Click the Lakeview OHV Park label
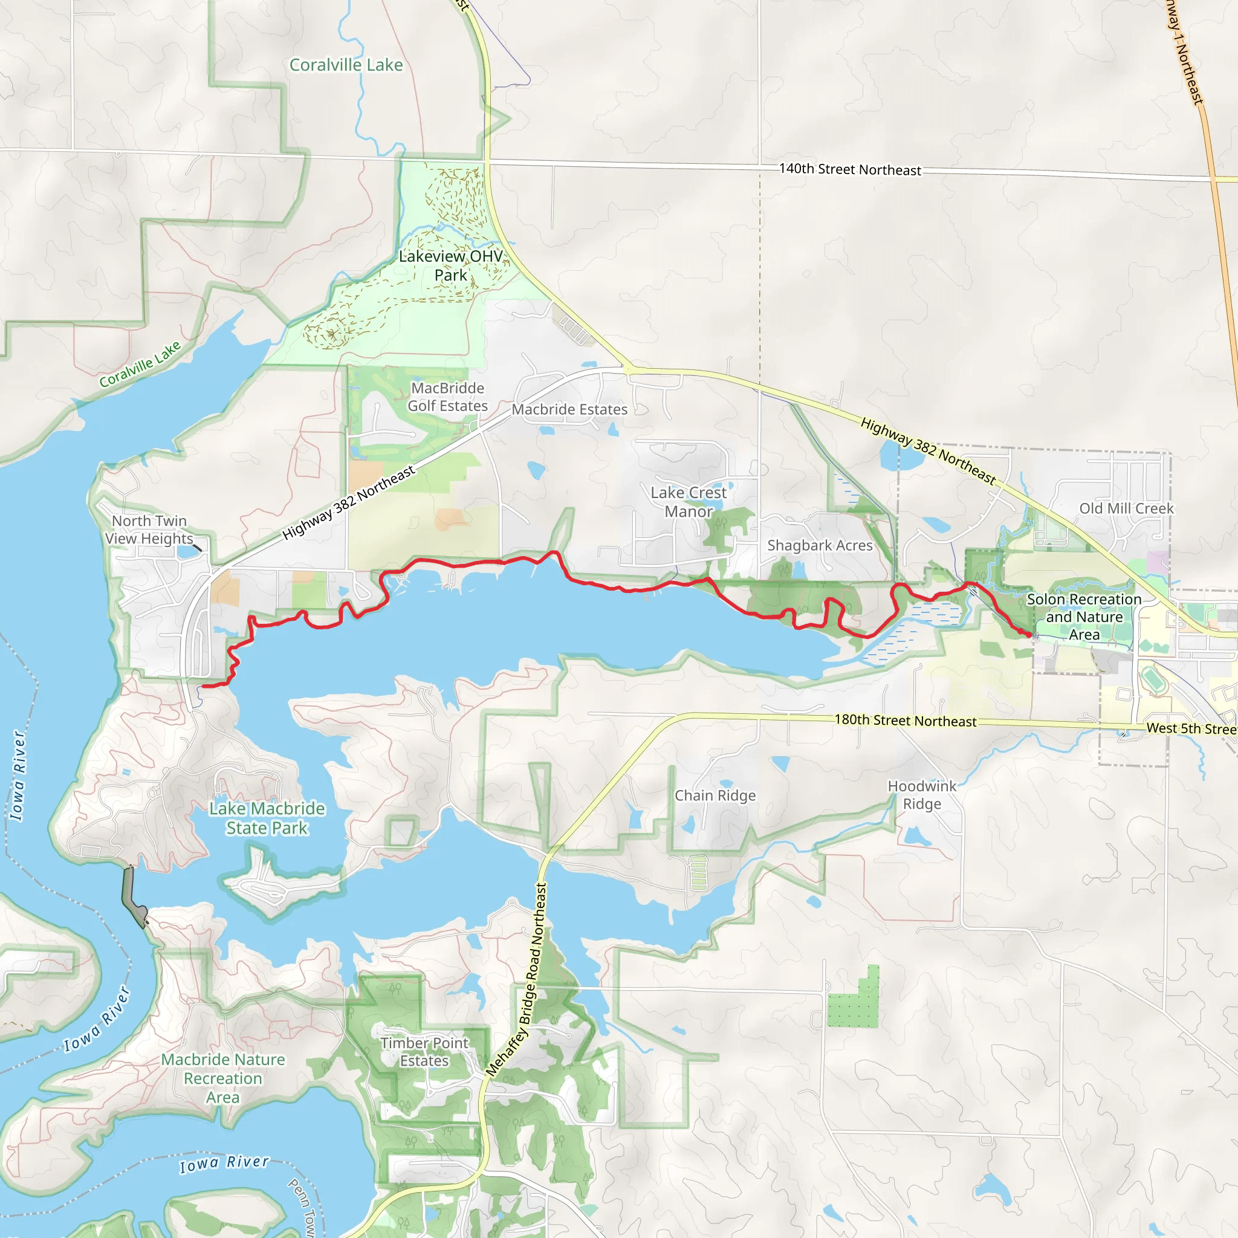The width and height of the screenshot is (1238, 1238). tap(450, 265)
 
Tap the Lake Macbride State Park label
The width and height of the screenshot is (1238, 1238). tap(267, 818)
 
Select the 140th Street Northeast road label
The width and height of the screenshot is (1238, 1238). tap(850, 169)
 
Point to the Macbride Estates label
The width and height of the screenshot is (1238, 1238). tap(569, 409)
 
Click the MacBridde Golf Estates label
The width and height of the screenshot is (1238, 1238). tap(447, 397)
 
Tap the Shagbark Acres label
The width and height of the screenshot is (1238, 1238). tap(820, 545)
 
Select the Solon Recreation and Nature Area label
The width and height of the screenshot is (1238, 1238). tap(1084, 617)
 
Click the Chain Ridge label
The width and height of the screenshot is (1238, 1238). tap(715, 796)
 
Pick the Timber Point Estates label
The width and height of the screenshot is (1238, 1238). tap(424, 1052)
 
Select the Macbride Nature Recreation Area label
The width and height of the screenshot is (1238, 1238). tap(222, 1078)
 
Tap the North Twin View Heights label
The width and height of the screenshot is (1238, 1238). tap(149, 530)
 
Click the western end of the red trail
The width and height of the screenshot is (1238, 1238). tap(203, 687)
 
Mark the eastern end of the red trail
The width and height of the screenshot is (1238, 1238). tap(1029, 635)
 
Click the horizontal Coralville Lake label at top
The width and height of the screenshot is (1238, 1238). tap(346, 65)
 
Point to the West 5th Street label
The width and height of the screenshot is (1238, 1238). tap(1191, 728)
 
